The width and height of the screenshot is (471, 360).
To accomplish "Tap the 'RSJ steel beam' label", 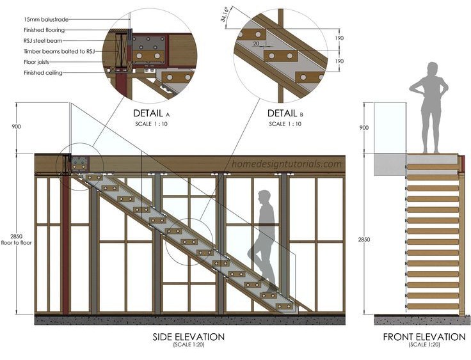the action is tap(42, 40).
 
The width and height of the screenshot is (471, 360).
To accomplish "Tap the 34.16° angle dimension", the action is tap(226, 13).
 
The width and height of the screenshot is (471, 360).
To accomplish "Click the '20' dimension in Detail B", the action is tap(256, 43).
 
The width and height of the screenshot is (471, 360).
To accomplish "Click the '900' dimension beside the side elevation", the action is tap(16, 127).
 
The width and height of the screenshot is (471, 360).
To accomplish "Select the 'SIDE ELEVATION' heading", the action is tap(188, 337).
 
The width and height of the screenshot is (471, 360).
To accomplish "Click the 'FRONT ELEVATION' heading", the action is tap(424, 337).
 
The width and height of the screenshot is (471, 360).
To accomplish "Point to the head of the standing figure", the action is tap(433, 68).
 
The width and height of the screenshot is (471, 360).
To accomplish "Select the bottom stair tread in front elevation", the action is tap(433, 307).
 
